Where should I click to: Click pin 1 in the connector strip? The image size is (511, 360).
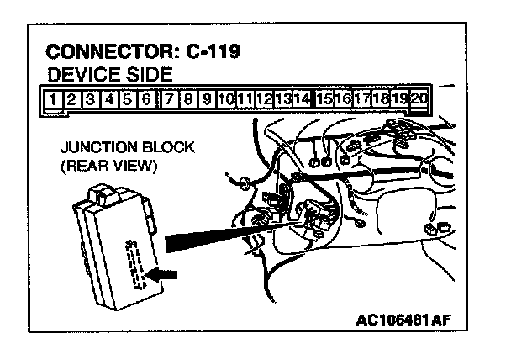tap(55, 98)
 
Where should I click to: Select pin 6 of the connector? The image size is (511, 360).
tap(147, 98)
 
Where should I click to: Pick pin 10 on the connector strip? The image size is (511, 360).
tap(225, 98)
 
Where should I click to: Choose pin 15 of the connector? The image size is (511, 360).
tap(324, 98)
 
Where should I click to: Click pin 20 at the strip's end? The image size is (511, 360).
tap(419, 98)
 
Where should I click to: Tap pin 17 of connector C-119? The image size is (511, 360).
tap(361, 98)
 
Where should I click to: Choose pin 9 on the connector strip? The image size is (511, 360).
tap(207, 98)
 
